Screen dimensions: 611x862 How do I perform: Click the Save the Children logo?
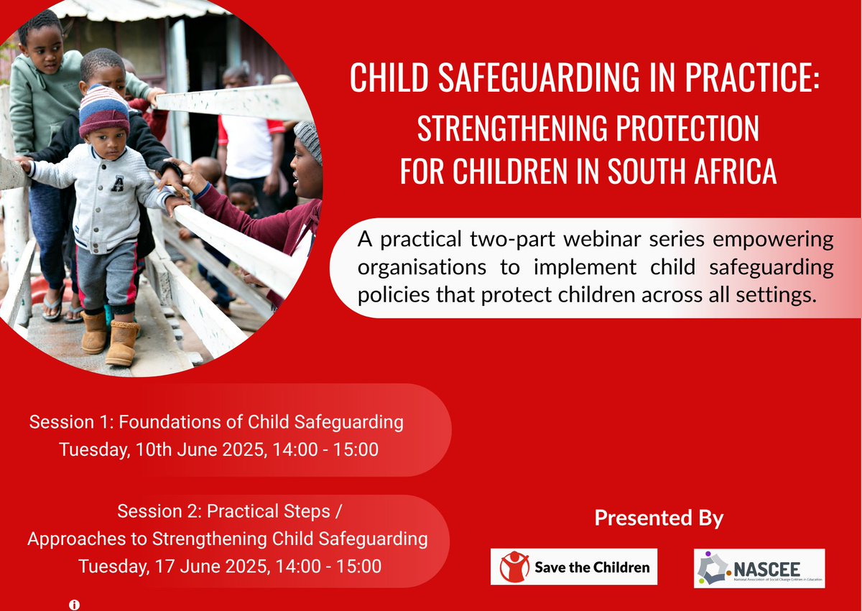tap(573, 566)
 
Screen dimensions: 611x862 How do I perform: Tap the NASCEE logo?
tap(759, 568)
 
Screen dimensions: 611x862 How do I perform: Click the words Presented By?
tap(659, 518)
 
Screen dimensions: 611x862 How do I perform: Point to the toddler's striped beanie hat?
tap(104, 108)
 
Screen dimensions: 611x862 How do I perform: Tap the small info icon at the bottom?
tap(73, 605)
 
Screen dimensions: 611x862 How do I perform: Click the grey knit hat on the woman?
tap(310, 139)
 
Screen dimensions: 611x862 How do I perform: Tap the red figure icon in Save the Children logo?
tap(514, 566)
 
